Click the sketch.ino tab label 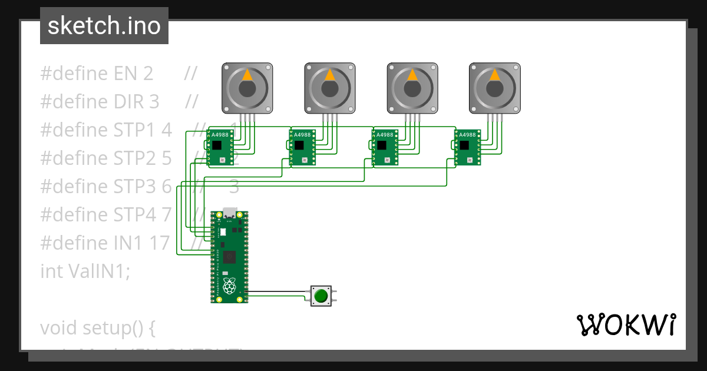click(x=104, y=26)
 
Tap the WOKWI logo click(x=625, y=324)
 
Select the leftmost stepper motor click(x=247, y=88)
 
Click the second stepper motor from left click(x=330, y=88)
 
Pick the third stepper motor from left click(x=412, y=88)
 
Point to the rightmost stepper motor click(x=495, y=88)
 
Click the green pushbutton click(x=321, y=295)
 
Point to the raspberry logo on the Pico click(x=229, y=287)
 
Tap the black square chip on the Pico click(x=229, y=256)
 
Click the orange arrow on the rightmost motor click(x=495, y=75)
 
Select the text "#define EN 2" click(x=97, y=74)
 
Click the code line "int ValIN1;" click(x=85, y=271)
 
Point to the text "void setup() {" click(x=97, y=327)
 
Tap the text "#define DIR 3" click(x=100, y=102)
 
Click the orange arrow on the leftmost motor click(x=247, y=75)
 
